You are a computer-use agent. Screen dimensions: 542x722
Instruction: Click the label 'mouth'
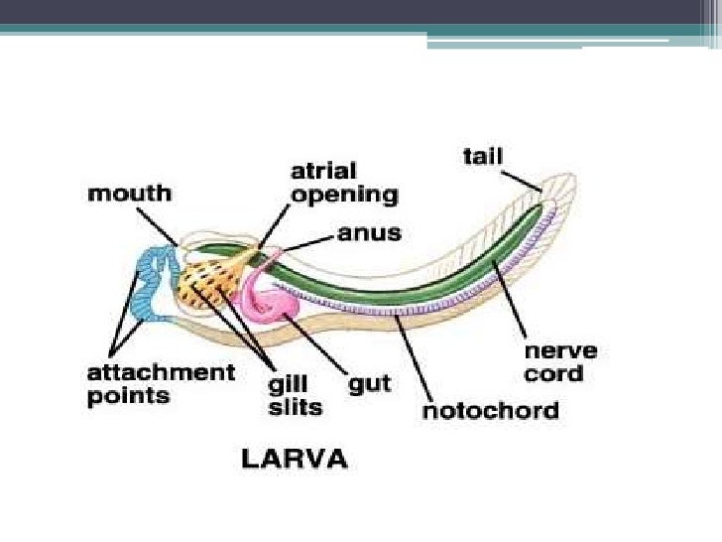[129, 194]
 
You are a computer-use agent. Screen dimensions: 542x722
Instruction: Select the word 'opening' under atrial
[343, 195]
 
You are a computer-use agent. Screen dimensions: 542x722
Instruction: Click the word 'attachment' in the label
[161, 373]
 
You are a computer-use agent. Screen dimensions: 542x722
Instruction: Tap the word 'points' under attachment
[128, 396]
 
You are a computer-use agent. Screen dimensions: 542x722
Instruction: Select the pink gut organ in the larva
[269, 299]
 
